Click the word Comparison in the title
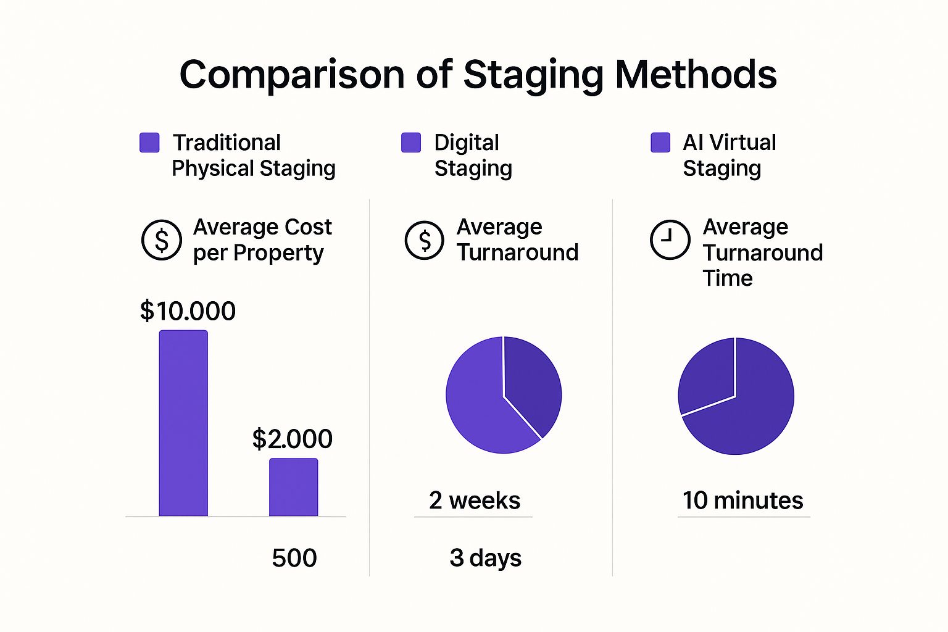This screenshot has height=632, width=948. coord(292,75)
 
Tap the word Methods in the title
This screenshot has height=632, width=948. coord(696,75)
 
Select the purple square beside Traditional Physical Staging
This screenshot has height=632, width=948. coord(149,143)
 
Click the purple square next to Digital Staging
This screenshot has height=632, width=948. coord(411,143)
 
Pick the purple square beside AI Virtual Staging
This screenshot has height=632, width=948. coord(660,143)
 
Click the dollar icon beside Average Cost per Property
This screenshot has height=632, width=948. coord(162,240)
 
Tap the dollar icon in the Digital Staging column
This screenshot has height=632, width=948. coord(424,240)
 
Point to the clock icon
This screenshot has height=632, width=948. coord(670,239)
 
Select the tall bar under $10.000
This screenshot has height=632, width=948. coord(183,423)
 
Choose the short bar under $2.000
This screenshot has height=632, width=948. coord(293,487)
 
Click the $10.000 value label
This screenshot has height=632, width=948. coord(188,311)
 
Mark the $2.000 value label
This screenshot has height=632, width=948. coord(293,439)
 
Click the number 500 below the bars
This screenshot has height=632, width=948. coord(294,558)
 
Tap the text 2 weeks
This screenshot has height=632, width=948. coord(475,501)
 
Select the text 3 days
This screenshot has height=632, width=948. coord(486,558)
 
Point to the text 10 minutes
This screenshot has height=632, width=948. coord(742,501)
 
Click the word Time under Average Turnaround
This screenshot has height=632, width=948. coord(728,278)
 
